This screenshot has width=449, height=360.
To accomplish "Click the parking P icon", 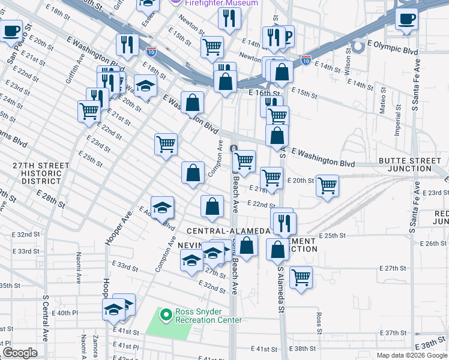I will coord(288,38).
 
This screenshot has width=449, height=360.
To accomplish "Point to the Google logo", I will coord(19,353).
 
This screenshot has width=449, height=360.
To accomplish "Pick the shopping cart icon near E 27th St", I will coord(301,277).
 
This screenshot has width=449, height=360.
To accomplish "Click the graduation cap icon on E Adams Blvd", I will coord(162,207).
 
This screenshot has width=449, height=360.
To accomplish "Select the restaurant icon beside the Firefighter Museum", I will coord(229,19).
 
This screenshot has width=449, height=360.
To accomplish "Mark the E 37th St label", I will coord(396,332).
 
